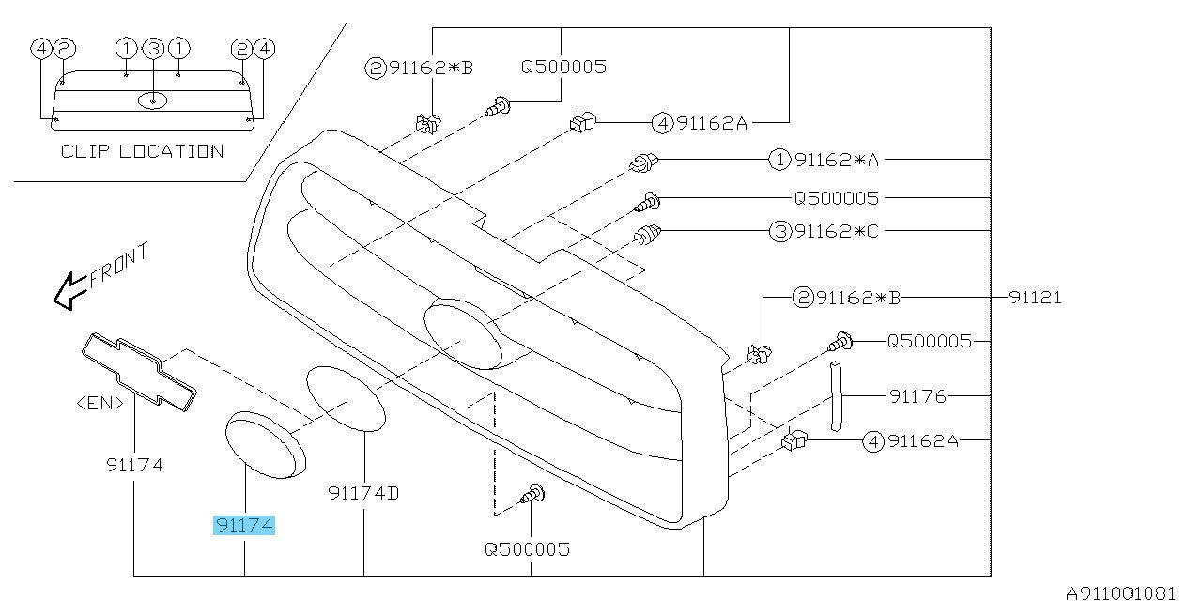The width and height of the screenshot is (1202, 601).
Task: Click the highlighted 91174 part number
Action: tap(244, 525)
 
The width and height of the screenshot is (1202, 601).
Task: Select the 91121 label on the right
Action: tap(1035, 298)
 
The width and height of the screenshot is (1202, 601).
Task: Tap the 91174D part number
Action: tap(363, 493)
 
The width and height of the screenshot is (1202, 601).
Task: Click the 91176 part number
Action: tap(917, 396)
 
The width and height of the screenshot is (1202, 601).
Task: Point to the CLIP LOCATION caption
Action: tap(142, 151)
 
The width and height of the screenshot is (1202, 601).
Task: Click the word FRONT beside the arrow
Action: tap(119, 265)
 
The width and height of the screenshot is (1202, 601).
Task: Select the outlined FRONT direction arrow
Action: tap(69, 291)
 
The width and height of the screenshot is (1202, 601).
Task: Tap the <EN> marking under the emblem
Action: tap(100, 403)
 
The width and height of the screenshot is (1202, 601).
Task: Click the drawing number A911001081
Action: tap(1120, 593)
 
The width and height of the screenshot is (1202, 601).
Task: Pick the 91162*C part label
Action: tap(837, 231)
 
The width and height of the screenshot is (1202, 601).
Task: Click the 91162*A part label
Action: tap(837, 160)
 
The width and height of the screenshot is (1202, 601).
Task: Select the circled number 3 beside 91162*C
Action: tap(780, 232)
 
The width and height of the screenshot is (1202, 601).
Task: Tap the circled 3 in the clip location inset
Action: tap(153, 49)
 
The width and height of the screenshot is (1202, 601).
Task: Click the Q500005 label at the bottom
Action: tap(527, 549)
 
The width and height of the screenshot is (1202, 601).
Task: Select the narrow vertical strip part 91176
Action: tap(836, 396)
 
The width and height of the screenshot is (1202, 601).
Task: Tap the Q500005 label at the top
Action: tap(563, 67)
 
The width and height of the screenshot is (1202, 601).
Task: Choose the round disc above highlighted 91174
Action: tap(266, 445)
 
